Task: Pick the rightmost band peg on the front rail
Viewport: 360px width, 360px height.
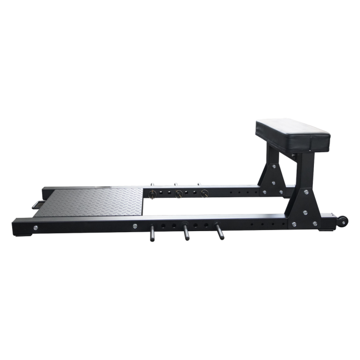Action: click(x=218, y=232)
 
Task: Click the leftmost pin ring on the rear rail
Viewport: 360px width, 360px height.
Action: click(x=151, y=194)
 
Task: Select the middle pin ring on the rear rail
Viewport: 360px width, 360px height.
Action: click(x=179, y=194)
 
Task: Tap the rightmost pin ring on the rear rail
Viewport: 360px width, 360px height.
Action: click(x=205, y=193)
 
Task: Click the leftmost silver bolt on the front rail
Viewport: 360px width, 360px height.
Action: click(x=35, y=227)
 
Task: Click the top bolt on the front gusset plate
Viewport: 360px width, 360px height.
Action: click(x=304, y=192)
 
